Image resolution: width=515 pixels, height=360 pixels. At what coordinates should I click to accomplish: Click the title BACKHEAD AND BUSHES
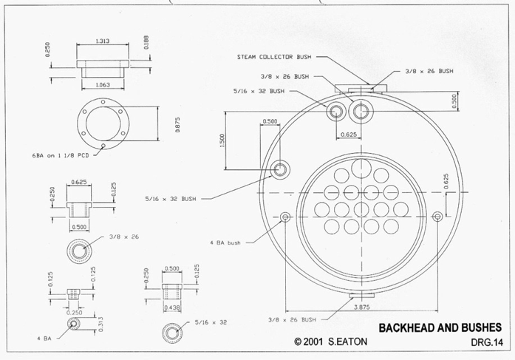pos(440,327)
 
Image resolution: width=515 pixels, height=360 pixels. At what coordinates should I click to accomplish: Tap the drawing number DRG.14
pos(487,342)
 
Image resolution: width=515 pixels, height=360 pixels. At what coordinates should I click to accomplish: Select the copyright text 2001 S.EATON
pos(335,342)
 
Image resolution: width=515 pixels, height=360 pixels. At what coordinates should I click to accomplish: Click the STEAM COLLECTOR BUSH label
pos(274,57)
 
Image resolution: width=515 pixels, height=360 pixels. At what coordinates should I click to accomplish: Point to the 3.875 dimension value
pos(361,307)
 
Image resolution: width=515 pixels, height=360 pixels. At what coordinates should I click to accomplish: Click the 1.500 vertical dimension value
pos(222,140)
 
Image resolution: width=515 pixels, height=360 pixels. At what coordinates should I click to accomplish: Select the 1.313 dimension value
pos(103,41)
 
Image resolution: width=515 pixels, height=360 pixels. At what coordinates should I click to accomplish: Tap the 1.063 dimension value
pos(103,85)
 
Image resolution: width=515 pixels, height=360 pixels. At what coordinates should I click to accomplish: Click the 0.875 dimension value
pos(177,125)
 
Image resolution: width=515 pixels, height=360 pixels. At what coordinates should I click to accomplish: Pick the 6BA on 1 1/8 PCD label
pos(61,155)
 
